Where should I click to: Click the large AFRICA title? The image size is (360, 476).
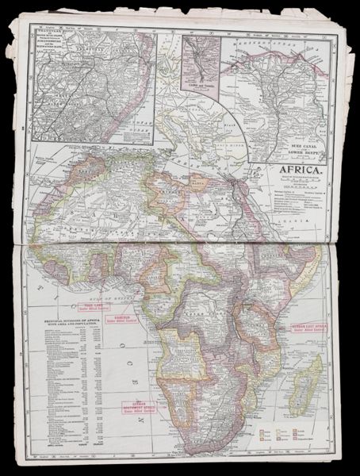tap(299, 169)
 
